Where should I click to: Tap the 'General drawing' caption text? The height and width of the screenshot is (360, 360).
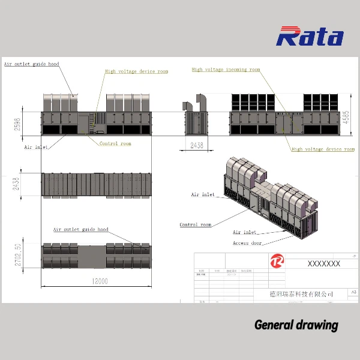coord(296,325)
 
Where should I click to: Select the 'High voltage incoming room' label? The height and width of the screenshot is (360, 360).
coord(226,70)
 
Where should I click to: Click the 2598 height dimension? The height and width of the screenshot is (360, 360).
coord(18,124)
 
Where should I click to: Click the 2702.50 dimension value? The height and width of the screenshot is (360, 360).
coord(18,254)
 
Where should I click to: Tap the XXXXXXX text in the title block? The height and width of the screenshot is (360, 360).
coord(323,263)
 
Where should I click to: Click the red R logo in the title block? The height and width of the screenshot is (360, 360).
coord(277,262)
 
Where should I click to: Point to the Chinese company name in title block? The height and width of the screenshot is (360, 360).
coord(301,293)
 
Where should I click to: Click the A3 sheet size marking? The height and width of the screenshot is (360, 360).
coord(353,292)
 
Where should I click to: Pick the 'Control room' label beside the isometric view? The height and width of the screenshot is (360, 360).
coord(196,225)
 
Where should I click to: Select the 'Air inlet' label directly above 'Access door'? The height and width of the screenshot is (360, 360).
coord(244,232)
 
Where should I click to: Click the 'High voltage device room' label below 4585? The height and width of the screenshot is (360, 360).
coord(323,149)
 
